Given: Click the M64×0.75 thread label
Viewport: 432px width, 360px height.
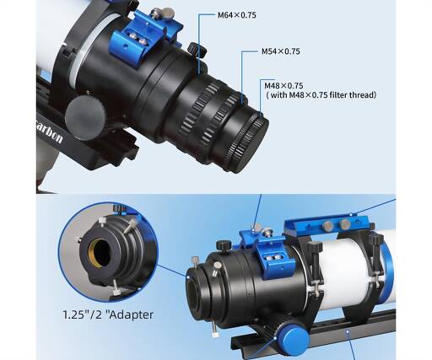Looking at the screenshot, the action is point(237,15).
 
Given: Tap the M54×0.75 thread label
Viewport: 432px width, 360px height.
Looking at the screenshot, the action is point(281,51).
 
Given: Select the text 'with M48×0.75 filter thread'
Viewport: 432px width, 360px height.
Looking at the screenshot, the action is point(322,95).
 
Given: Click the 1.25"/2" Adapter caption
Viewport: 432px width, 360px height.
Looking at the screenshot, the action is point(108,314).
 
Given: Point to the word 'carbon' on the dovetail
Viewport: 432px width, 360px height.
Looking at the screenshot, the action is point(50,134).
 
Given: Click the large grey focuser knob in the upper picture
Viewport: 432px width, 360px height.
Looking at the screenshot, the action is point(85,118).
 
